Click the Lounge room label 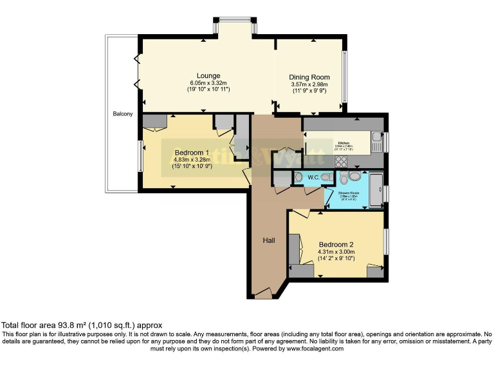pyautogui.click(x=208, y=75)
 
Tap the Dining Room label pyautogui.click(x=309, y=77)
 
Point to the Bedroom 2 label pyautogui.click(x=336, y=244)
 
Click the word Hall pyautogui.click(x=269, y=240)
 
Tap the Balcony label pyautogui.click(x=123, y=114)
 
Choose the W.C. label pyautogui.click(x=313, y=177)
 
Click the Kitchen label pyautogui.click(x=343, y=143)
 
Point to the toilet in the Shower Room pyautogui.click(x=344, y=178)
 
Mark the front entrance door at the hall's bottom pyautogui.click(x=264, y=294)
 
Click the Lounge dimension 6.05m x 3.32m pyautogui.click(x=208, y=83)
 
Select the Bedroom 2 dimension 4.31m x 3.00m pyautogui.click(x=336, y=252)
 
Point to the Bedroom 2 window pyautogui.click(x=386, y=243)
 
